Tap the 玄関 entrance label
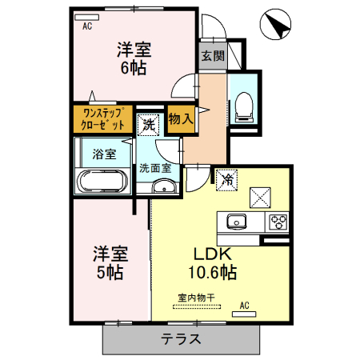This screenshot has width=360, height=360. [212, 56]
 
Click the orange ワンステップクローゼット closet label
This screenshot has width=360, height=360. [103, 119]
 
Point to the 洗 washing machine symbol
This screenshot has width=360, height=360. [148, 124]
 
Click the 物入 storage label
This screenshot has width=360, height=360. [181, 119]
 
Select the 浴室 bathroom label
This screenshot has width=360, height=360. [103, 152]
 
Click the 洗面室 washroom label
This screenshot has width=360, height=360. [155, 168]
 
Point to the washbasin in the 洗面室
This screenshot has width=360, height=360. [164, 188]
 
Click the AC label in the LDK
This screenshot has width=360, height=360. [245, 305]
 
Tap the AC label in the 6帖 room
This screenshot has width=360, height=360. [86, 26]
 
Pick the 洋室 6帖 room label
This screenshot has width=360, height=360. [133, 58]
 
